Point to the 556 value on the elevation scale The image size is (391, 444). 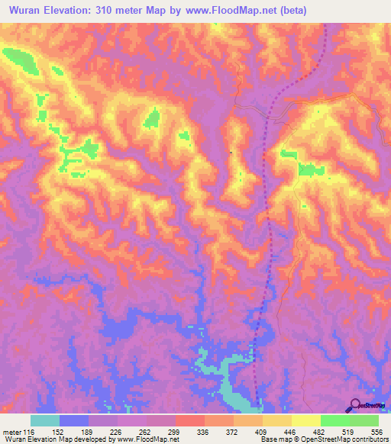tap(377, 431)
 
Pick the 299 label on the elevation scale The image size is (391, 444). tap(174, 431)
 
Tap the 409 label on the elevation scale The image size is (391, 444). tap(262, 431)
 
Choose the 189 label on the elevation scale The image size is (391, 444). tap(87, 431)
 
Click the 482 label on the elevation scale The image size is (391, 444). tap(320, 431)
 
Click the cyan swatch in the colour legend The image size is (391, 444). tap(45, 420)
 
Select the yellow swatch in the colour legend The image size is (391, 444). tap(306, 420)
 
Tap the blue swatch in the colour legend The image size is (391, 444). tap(74, 420)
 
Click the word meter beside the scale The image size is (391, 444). tap(10, 431)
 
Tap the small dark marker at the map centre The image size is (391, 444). tap(231, 150)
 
